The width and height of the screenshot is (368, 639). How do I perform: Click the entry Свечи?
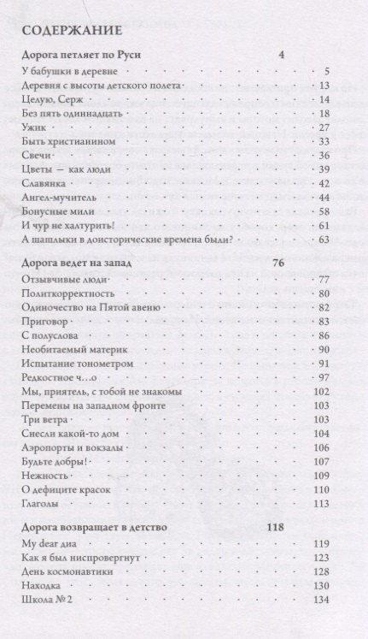pyautogui.click(x=32, y=155)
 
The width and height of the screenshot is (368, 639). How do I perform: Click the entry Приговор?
pyautogui.click(x=41, y=321)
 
